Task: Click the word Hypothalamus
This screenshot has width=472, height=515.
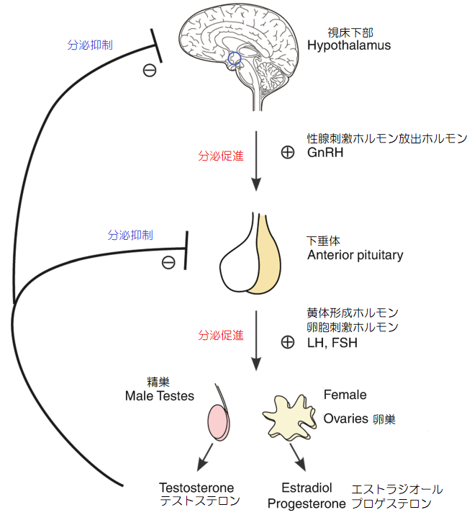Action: pos(349,45)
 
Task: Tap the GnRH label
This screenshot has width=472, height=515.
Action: pos(324,153)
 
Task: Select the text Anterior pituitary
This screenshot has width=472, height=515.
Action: pos(355,255)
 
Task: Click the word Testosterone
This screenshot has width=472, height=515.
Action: pos(196,488)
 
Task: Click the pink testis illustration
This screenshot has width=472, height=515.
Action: pos(220,421)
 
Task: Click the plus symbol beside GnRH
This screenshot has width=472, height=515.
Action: pos(287,153)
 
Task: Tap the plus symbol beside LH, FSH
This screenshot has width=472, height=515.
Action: pos(287,342)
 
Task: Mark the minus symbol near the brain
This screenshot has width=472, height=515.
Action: pos(150,70)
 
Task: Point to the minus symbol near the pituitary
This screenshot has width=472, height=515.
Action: pos(168,262)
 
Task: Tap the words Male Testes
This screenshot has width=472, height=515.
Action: pos(159,396)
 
